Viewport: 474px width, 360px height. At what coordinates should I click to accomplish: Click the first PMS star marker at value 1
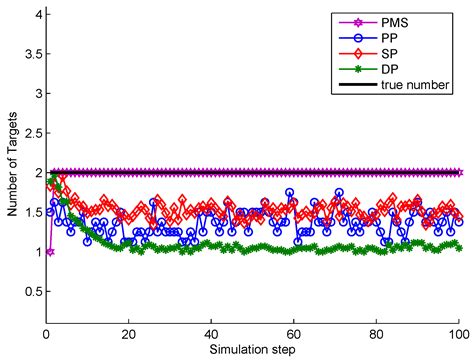tap(50, 251)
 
